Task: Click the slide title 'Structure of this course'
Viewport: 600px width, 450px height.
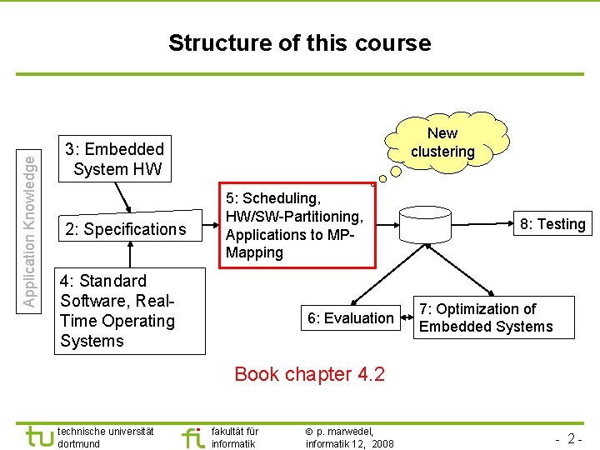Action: click(299, 43)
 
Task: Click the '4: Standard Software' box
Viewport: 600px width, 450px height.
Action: click(117, 311)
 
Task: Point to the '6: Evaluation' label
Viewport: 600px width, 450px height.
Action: click(350, 317)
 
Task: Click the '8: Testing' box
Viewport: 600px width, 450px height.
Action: click(552, 223)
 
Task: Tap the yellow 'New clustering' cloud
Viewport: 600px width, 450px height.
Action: click(442, 142)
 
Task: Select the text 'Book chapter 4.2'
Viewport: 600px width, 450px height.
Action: click(309, 374)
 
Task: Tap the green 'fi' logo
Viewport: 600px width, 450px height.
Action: click(192, 437)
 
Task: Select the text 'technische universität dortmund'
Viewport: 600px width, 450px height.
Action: click(106, 437)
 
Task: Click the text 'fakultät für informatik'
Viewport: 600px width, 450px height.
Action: click(235, 437)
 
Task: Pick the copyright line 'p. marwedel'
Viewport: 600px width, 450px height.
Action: click(349, 437)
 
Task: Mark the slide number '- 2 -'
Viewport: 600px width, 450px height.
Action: click(568, 437)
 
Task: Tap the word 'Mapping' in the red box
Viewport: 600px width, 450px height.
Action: click(254, 252)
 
